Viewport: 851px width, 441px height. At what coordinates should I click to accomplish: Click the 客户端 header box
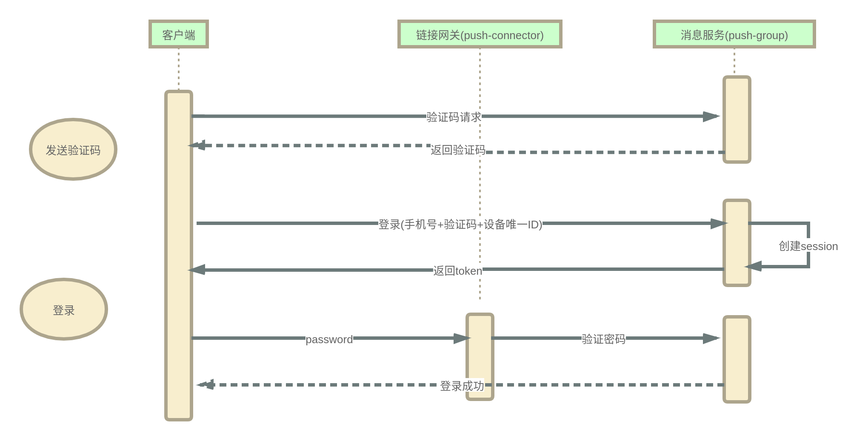179,34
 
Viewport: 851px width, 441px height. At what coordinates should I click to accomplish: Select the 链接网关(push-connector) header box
480,34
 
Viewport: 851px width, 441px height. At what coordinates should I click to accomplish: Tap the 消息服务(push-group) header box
734,34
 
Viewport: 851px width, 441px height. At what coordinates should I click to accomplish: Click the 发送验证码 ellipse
73,149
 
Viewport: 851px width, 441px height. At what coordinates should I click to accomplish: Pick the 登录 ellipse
64,309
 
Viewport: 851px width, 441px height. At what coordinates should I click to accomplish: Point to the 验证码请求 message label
454,117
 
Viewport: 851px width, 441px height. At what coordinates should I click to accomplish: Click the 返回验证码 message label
458,150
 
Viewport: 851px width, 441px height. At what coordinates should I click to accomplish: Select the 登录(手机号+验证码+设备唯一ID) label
460,224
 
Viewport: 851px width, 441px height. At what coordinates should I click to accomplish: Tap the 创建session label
808,246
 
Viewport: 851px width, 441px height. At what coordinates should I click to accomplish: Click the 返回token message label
458,271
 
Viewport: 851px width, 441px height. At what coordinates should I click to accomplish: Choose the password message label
329,339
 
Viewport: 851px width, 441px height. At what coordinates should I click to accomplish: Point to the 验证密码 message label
603,339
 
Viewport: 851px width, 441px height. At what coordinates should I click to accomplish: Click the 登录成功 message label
462,386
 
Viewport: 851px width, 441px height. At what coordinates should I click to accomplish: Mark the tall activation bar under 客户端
179,256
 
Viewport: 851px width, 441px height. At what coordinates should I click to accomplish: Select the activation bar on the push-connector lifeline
480,357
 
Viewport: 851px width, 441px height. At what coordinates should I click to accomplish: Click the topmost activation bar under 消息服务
737,119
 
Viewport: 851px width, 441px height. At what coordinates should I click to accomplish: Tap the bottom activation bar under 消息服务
737,359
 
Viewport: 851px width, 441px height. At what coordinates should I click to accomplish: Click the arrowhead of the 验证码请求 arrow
711,116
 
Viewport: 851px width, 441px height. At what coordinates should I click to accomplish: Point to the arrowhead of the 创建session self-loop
753,267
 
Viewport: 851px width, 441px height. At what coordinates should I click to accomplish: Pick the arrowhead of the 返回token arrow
196,270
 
